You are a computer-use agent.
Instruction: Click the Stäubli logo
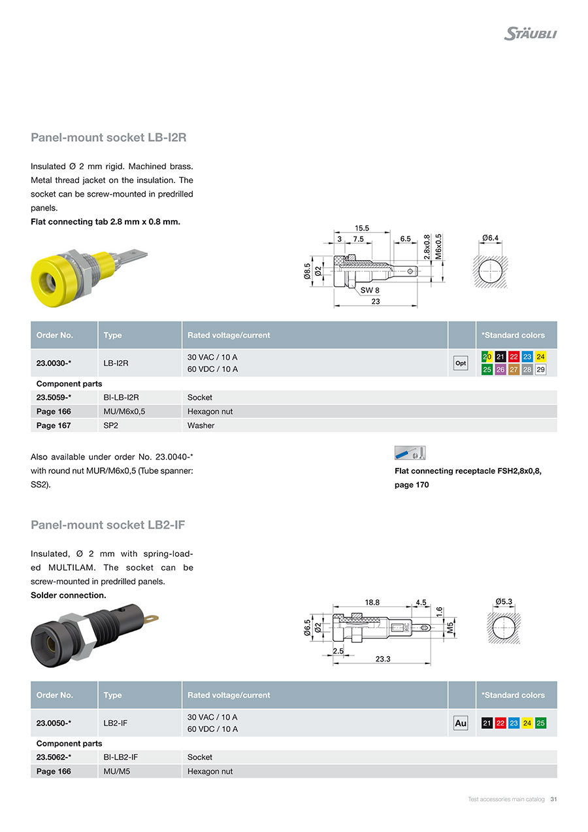pyautogui.click(x=530, y=33)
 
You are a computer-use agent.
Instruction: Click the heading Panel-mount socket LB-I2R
pyautogui.click(x=109, y=137)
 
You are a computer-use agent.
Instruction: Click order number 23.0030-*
pyautogui.click(x=54, y=363)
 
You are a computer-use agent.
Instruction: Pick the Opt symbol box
pyautogui.click(x=461, y=363)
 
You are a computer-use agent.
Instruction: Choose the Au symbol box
pyautogui.click(x=461, y=723)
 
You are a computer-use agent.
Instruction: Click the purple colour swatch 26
pyautogui.click(x=500, y=369)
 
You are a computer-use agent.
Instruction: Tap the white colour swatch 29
pyautogui.click(x=540, y=369)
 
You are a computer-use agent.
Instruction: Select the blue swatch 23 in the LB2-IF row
pyautogui.click(x=514, y=723)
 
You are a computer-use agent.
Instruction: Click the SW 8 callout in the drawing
pyautogui.click(x=369, y=290)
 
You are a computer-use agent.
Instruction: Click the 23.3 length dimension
pyautogui.click(x=383, y=659)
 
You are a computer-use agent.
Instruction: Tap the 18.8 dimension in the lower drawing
pyautogui.click(x=372, y=602)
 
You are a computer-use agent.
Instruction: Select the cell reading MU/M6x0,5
pyautogui.click(x=122, y=411)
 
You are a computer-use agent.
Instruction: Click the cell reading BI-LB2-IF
pyautogui.click(x=121, y=757)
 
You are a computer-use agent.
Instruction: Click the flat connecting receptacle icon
pyautogui.click(x=410, y=452)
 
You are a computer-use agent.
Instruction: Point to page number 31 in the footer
pyautogui.click(x=553, y=799)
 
